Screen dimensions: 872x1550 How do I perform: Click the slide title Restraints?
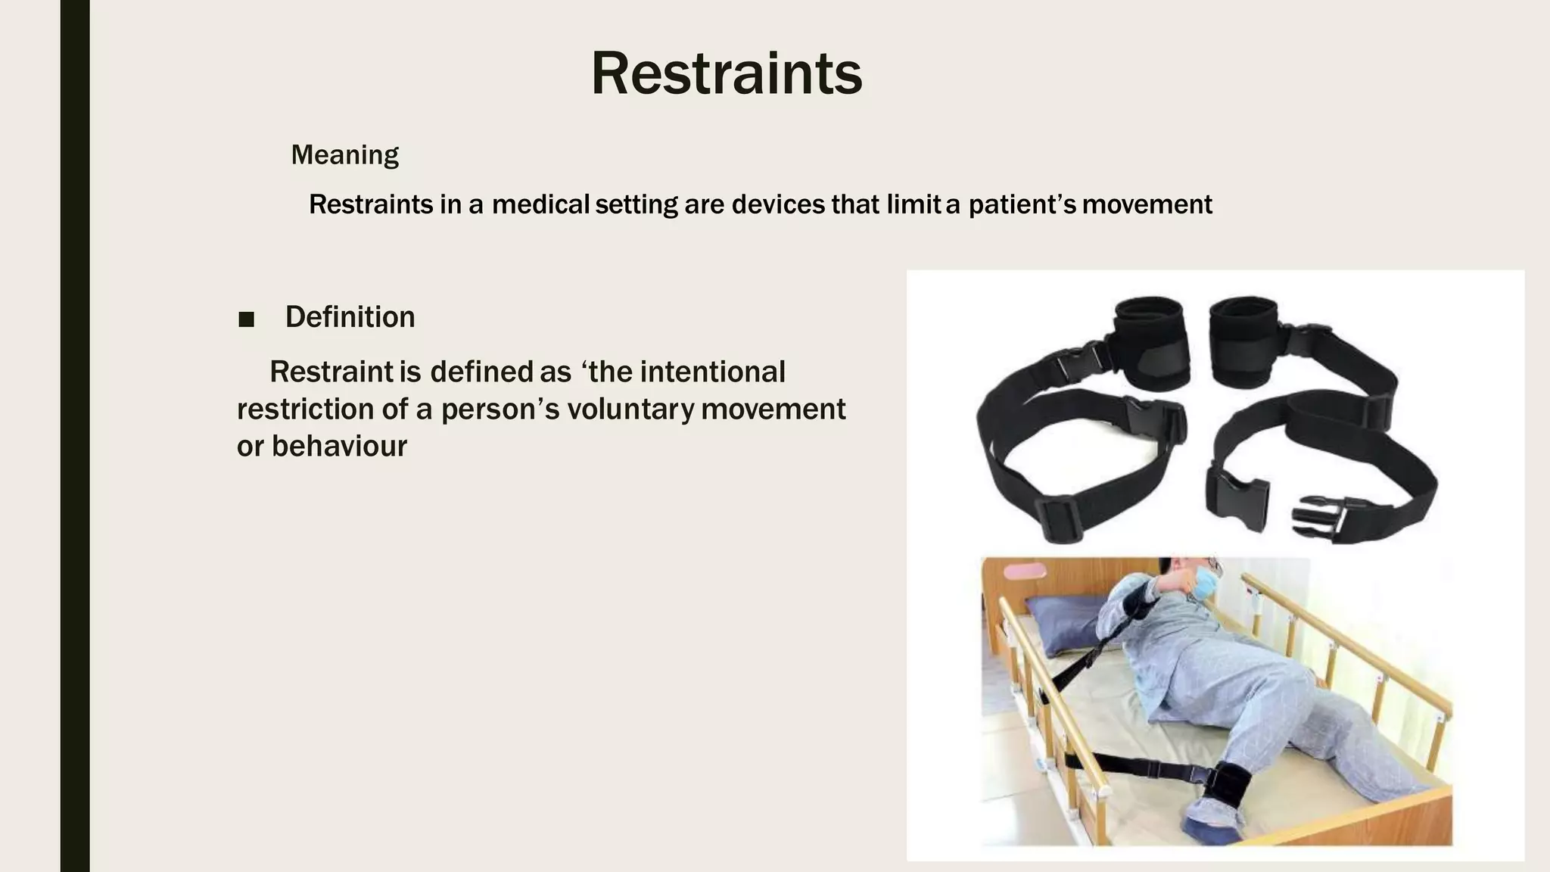pos(726,74)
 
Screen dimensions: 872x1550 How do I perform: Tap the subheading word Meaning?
pos(344,155)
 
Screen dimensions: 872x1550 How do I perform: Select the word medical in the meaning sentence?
pos(540,204)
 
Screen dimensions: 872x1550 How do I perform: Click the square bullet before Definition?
pos(246,319)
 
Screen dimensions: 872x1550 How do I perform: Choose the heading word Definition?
pos(350,317)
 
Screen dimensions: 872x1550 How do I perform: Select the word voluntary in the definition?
pos(630,410)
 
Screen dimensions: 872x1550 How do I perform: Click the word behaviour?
pos(339,447)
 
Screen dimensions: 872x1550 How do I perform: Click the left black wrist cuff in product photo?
pos(1150,341)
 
